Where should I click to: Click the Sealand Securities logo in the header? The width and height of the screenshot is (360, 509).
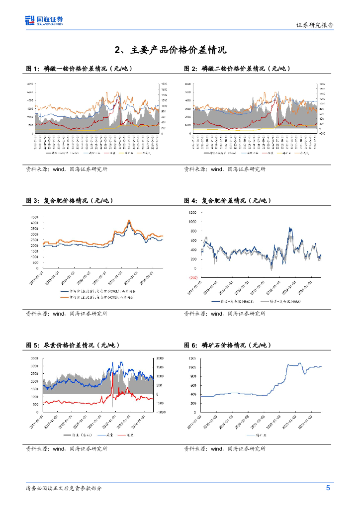tap(44, 21)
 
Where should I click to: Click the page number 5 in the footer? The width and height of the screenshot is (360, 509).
tap(328, 488)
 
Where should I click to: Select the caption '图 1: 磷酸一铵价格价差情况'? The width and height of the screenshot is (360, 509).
tap(79, 69)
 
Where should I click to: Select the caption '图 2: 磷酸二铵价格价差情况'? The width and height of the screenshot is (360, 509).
tap(237, 69)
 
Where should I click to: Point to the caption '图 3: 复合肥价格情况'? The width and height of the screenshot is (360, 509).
tap(70, 201)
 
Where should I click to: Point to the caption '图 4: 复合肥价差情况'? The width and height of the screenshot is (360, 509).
tap(228, 201)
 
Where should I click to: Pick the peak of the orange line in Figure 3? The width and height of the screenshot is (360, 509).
tap(129, 220)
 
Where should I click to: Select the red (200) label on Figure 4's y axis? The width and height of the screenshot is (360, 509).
tap(192, 277)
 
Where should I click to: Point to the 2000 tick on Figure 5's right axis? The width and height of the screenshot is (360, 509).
tap(160, 358)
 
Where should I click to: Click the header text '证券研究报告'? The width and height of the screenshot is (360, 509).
tap(315, 24)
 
